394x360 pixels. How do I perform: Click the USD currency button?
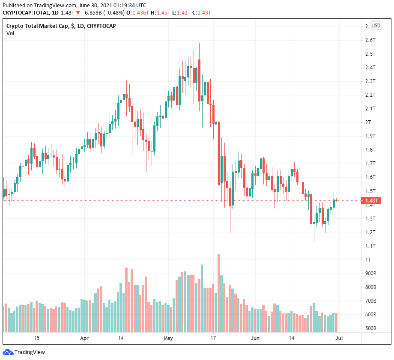tap(376, 26)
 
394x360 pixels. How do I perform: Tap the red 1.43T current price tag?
tap(371, 200)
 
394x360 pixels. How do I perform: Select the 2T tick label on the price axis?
tap(367, 122)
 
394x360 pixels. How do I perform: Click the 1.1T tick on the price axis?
tap(370, 246)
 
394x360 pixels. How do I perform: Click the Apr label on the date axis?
tap(84, 338)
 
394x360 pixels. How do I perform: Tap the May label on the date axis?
tap(168, 338)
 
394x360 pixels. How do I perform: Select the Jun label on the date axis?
tap(255, 338)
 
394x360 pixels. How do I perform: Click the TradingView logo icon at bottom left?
tap(8, 352)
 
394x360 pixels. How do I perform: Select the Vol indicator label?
tap(10, 33)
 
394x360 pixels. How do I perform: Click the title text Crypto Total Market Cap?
tap(38, 26)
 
